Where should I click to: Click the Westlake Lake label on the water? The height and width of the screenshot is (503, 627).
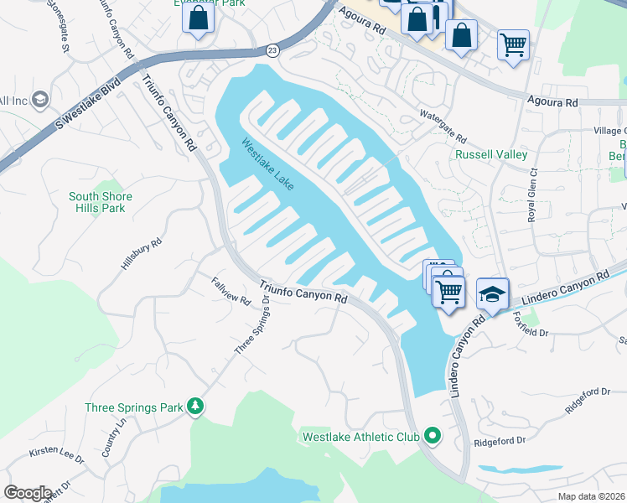tap(267, 163)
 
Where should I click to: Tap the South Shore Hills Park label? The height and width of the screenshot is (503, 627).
tap(101, 202)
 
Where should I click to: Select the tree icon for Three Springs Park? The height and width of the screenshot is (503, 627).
tap(195, 407)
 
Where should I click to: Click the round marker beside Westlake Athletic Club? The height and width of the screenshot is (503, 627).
tap(433, 435)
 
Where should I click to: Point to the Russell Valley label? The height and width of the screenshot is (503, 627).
tap(490, 154)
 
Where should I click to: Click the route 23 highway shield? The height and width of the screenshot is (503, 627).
tap(272, 51)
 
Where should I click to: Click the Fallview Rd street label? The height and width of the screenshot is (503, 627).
tap(231, 290)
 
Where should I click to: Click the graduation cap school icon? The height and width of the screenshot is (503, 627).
tap(492, 293)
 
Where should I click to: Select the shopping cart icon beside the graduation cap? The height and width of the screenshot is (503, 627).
tap(450, 291)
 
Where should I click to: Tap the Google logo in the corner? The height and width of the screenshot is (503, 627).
tap(28, 492)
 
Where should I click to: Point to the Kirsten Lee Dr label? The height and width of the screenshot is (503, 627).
tap(57, 458)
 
